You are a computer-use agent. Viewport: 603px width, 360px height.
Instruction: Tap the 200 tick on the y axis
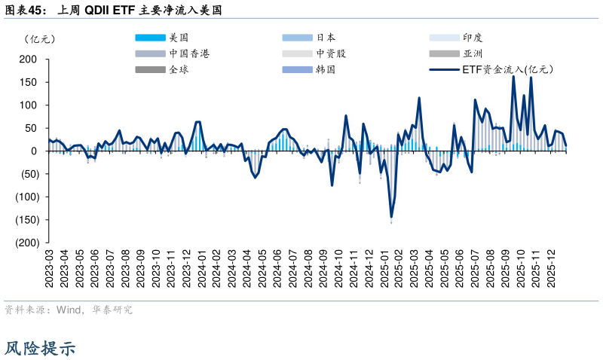coord(28,59)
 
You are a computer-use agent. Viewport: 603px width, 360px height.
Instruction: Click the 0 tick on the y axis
coord(34,151)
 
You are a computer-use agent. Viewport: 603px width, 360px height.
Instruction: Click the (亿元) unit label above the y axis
coord(39,38)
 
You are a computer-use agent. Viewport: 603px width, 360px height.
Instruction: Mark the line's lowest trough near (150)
coord(391,217)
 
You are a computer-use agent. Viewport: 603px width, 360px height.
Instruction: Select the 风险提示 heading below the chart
coord(40,348)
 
